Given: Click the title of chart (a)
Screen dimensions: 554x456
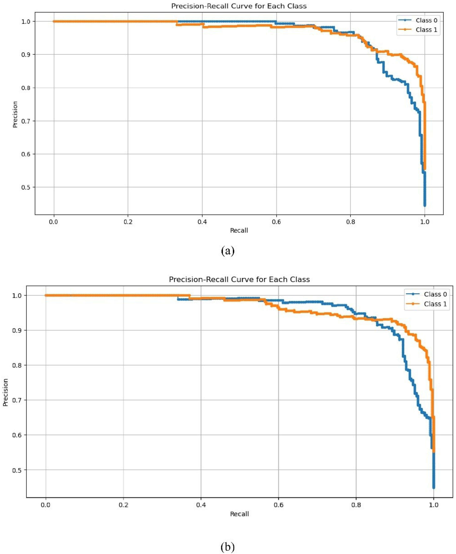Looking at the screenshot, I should [x=239, y=6].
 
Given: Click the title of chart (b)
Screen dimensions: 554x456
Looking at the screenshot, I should [x=239, y=279].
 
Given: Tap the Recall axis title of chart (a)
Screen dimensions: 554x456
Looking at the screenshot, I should [x=239, y=230].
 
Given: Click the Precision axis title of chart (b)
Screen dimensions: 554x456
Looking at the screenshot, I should [x=5, y=392].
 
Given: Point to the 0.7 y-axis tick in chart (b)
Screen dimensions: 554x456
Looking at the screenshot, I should [x=17, y=400].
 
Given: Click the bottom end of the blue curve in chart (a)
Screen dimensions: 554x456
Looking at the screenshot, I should [x=425, y=206].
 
